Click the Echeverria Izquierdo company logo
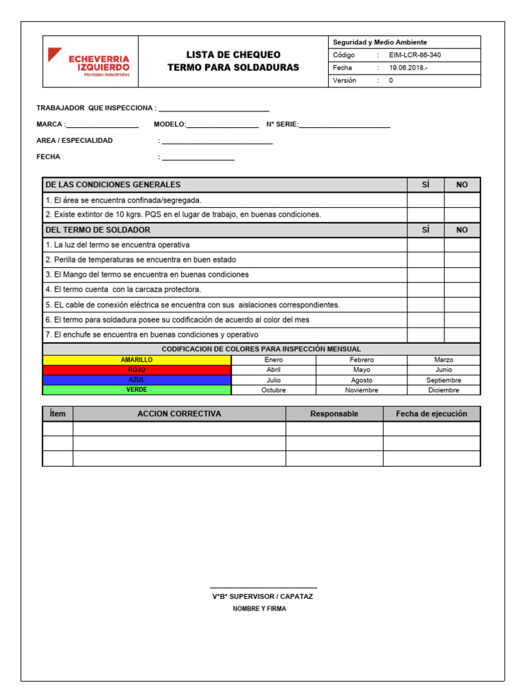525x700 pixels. click(x=88, y=62)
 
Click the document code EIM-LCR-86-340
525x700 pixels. click(x=419, y=55)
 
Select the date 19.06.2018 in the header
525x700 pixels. click(x=408, y=68)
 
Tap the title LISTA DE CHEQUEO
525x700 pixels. click(x=233, y=55)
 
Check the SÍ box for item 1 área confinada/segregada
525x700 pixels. click(x=425, y=200)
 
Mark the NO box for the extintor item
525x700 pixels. click(x=462, y=215)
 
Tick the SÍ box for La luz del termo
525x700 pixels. click(x=425, y=245)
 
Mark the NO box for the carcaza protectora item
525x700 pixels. click(x=462, y=289)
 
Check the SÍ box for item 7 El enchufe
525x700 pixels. click(x=425, y=334)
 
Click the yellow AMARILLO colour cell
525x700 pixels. click(x=137, y=360)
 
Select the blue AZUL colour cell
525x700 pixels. click(x=137, y=379)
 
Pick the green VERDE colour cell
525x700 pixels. click(x=137, y=390)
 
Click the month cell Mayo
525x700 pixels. click(x=362, y=370)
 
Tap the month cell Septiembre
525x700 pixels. click(x=444, y=380)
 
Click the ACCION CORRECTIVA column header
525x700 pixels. click(x=179, y=414)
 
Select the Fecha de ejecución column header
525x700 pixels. click(x=431, y=414)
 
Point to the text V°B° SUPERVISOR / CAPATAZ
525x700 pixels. click(x=262, y=597)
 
